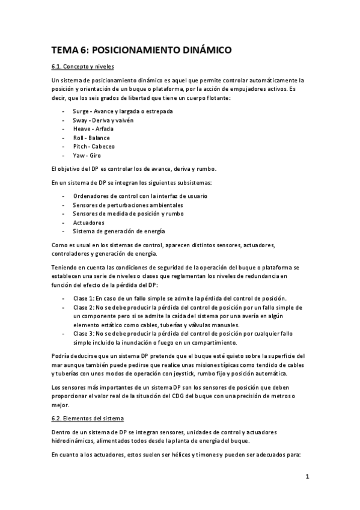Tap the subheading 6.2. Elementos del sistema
coord(88,417)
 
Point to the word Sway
coord(81,120)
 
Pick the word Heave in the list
coord(82,129)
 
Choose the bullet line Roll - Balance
coord(91,138)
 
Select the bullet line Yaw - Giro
coord(87,155)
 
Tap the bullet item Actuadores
coord(88,222)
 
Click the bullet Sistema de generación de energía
coord(119,231)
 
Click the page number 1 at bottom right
coord(307,478)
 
